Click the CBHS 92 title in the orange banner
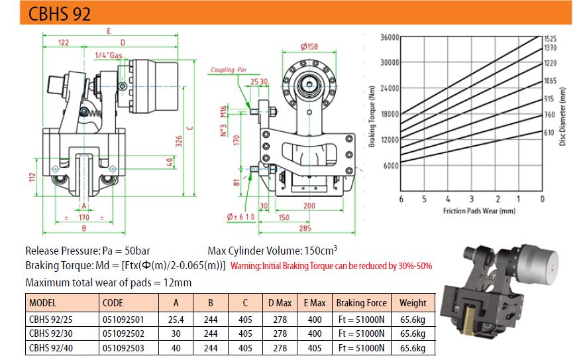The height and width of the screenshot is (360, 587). (60, 13)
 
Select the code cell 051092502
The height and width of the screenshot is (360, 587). (123, 333)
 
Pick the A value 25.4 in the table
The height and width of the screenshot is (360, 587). (176, 320)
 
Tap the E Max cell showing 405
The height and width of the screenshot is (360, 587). (315, 348)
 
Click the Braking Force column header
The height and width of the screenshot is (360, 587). (361, 303)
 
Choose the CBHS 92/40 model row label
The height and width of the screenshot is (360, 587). (51, 348)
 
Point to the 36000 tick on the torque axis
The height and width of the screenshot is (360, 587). (390, 38)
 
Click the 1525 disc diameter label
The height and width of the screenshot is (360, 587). (550, 38)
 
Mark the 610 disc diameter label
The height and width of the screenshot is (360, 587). (549, 132)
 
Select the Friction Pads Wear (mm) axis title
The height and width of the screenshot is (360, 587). (479, 211)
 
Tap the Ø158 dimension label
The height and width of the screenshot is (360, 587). (309, 46)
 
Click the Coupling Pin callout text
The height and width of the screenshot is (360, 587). (229, 70)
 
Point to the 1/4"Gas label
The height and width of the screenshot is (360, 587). (109, 56)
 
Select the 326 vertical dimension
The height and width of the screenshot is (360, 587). (179, 141)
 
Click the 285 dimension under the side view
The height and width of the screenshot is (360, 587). (305, 228)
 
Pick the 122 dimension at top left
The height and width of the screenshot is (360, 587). (63, 42)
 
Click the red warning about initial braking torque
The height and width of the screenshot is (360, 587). (331, 266)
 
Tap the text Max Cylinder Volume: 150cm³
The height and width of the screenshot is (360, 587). (272, 250)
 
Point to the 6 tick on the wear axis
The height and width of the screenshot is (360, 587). (401, 199)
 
